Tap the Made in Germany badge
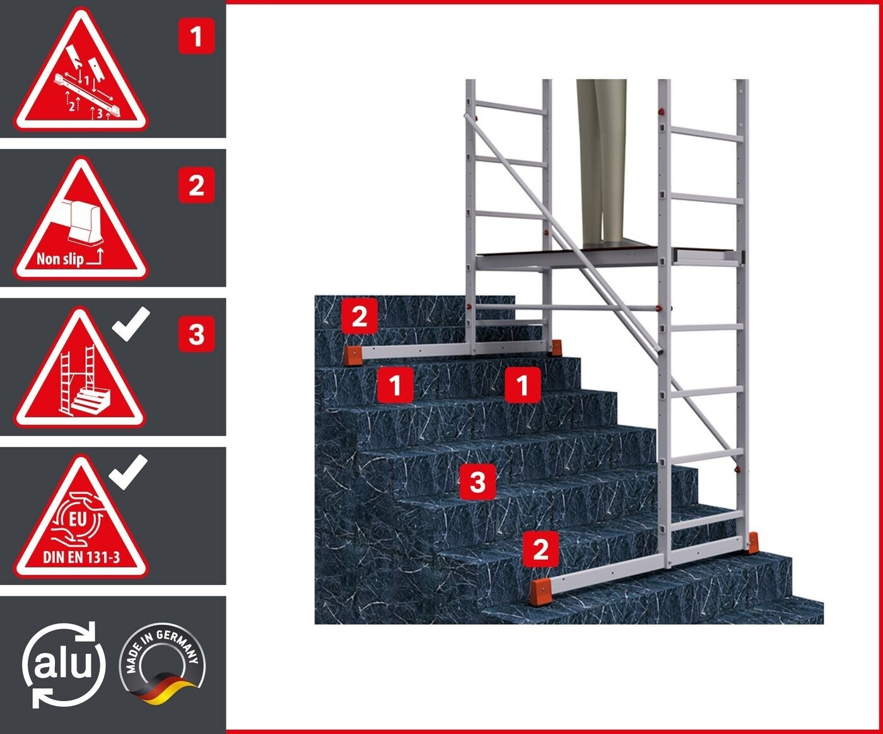(162, 664)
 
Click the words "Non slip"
(60, 259)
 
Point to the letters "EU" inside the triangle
(78, 519)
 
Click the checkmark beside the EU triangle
(128, 472)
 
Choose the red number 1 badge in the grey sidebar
(196, 37)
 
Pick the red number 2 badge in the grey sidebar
(196, 185)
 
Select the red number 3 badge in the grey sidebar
(196, 334)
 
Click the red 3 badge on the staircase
(478, 482)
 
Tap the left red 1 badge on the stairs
(395, 385)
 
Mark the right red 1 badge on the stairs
(523, 385)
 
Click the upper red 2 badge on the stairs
(360, 316)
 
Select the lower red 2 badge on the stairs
(541, 549)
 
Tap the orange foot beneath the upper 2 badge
(353, 355)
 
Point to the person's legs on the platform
(601, 163)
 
